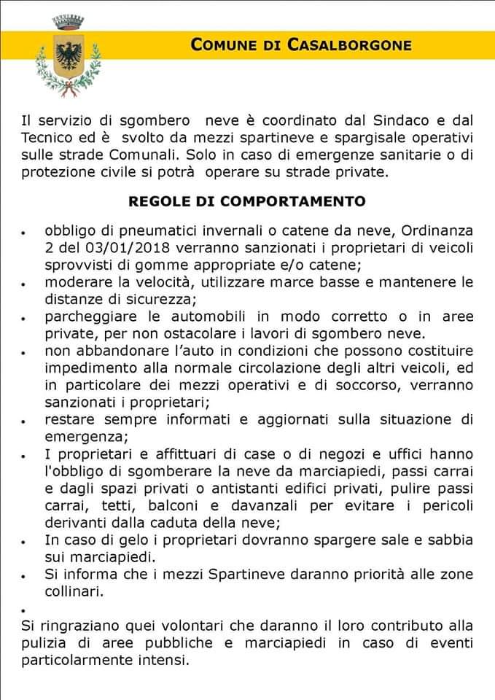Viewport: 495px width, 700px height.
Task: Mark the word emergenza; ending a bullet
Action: point(83,437)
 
